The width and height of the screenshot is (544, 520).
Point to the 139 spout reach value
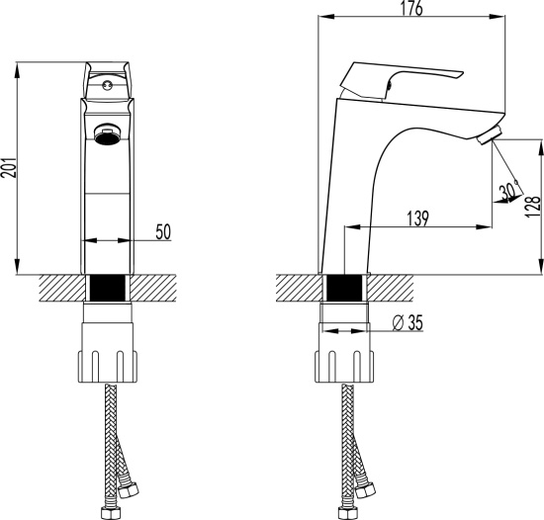point(416,219)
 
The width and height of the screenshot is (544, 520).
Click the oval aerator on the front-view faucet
point(107,134)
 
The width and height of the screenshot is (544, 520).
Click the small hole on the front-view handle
point(106,88)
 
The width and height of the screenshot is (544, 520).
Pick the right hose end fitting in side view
point(368,489)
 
